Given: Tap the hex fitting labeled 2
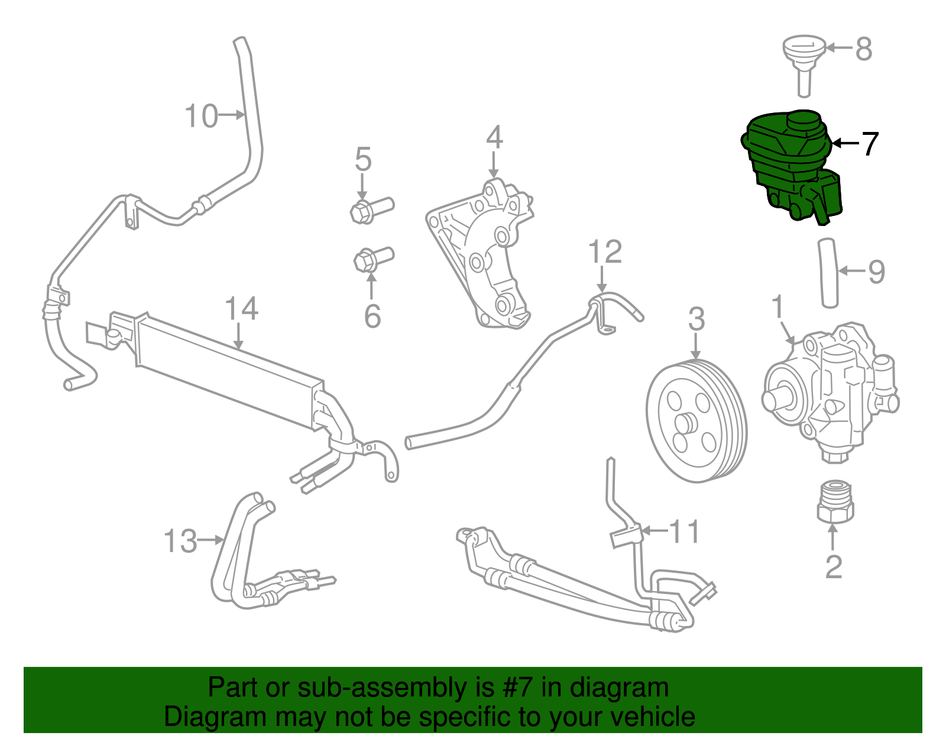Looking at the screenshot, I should tap(834, 503).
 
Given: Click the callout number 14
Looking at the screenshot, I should tap(241, 309).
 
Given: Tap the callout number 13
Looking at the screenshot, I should tap(180, 541).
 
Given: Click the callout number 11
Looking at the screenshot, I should tap(684, 531).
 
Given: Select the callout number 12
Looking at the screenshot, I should tap(605, 252).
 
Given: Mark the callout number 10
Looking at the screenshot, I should tap(202, 116).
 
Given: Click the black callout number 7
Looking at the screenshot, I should tap(870, 144).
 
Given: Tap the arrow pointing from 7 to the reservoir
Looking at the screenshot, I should tap(844, 143).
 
